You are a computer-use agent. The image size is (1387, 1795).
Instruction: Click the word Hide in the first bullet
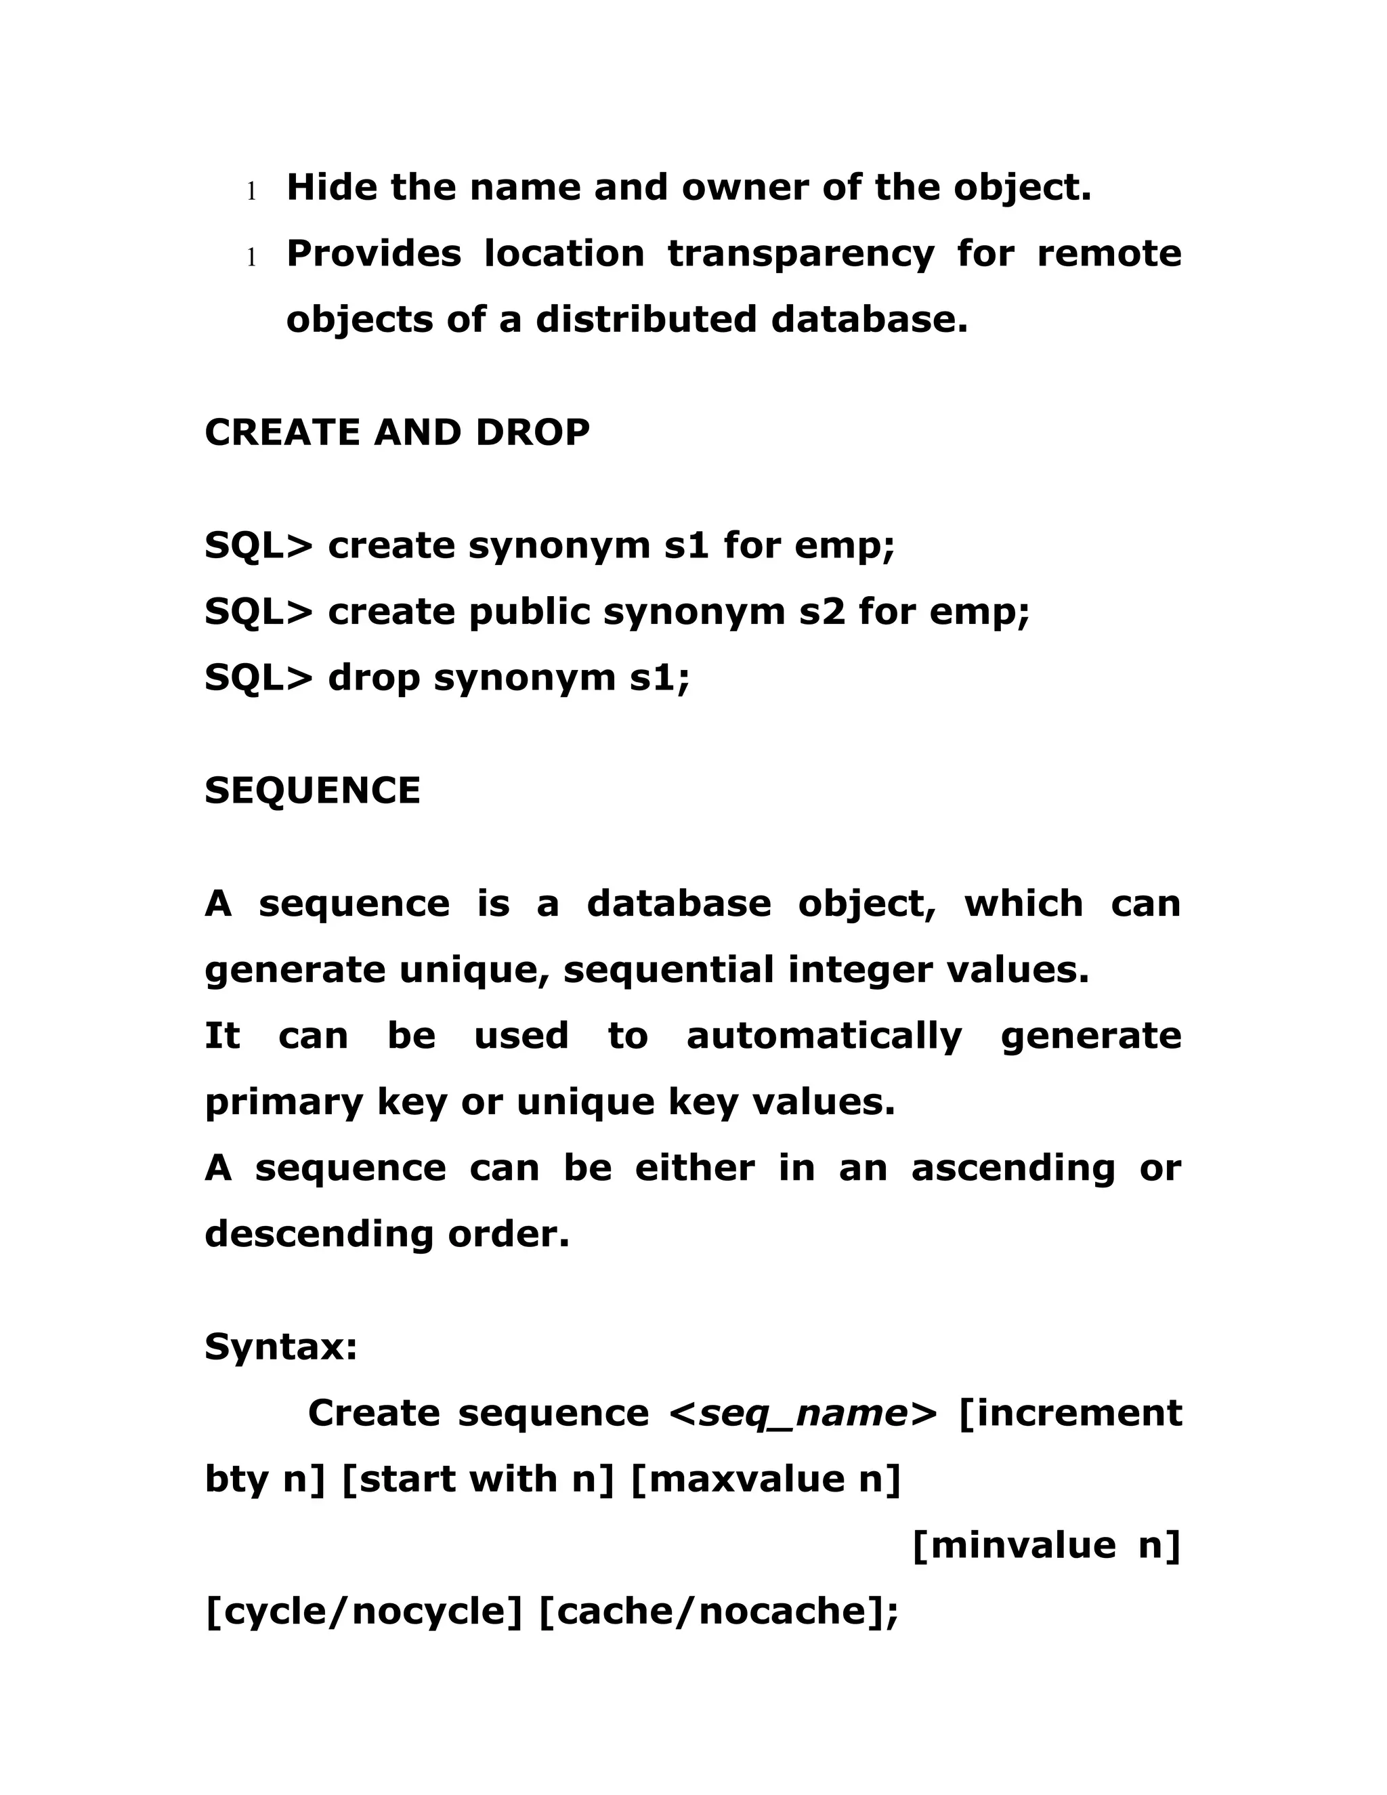pos(330,188)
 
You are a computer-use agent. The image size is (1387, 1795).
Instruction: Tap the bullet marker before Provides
pos(251,258)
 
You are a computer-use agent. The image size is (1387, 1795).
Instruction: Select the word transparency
pos(801,254)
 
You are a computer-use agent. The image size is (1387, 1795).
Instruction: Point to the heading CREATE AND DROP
pos(397,432)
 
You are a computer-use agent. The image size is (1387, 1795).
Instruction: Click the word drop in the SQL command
pos(374,678)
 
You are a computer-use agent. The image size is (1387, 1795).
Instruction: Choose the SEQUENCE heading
pos(312,790)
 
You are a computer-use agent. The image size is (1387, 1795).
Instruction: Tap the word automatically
pos(824,1036)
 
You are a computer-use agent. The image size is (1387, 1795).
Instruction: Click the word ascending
pos(1012,1168)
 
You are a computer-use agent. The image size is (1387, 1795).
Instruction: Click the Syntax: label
pos(281,1347)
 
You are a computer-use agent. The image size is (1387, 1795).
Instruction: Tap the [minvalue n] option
pos(1046,1545)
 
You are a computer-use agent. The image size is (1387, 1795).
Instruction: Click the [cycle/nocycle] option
pos(363,1611)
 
